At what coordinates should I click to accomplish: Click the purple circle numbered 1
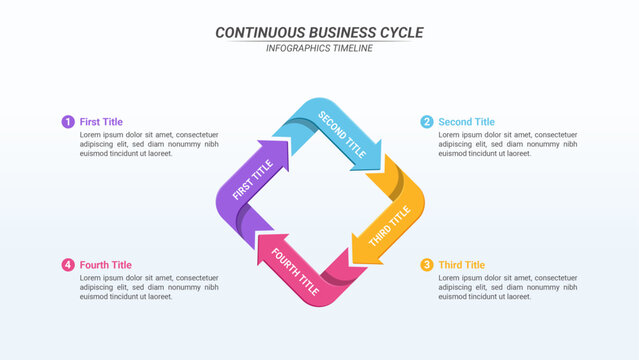[x=68, y=122]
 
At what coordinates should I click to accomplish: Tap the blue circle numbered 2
[x=427, y=122]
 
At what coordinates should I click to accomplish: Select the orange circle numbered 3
[x=427, y=265]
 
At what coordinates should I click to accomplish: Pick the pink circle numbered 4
[x=68, y=265]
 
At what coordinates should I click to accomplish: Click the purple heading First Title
[x=101, y=122]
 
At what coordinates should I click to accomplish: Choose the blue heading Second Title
[x=466, y=122]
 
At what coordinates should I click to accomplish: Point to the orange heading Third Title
[x=461, y=265]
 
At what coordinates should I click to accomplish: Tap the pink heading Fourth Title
[x=105, y=265]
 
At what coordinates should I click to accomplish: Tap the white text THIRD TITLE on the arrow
[x=390, y=226]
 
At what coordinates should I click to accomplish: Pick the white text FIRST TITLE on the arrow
[x=252, y=181]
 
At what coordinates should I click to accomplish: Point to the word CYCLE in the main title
[x=400, y=33]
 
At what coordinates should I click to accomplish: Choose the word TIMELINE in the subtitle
[x=352, y=48]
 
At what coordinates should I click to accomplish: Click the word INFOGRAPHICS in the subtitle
[x=298, y=48]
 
